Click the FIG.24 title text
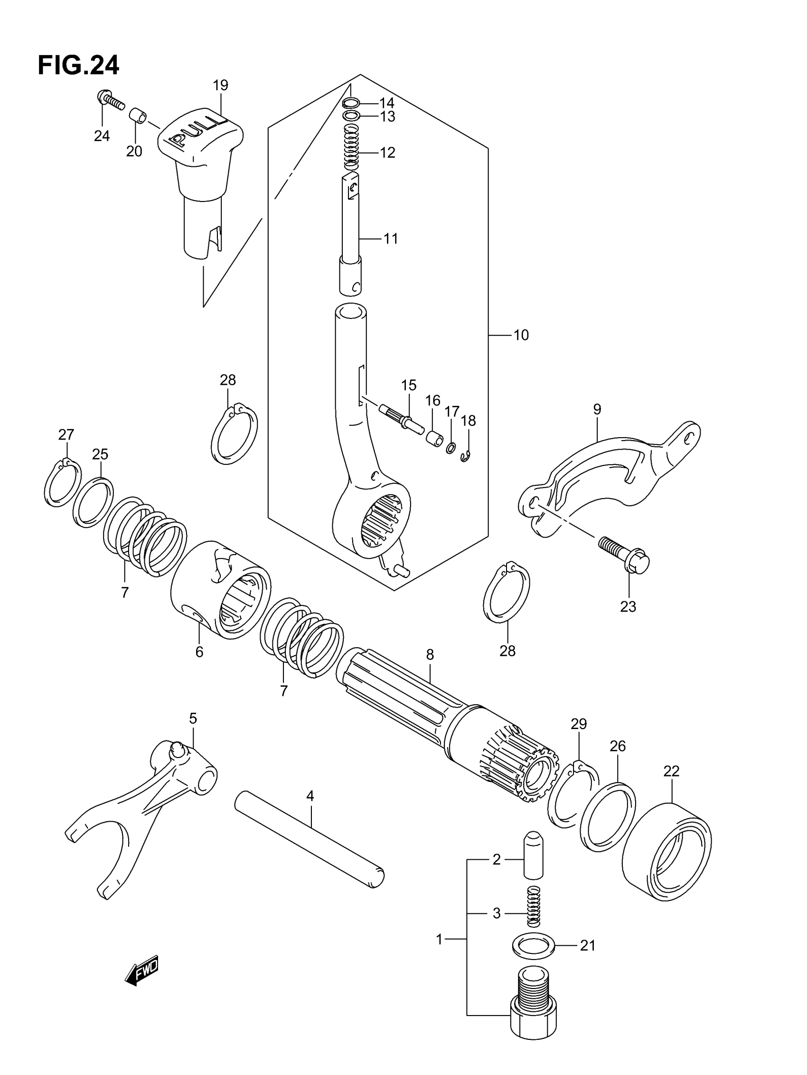(78, 66)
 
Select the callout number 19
(220, 86)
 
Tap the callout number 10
(521, 336)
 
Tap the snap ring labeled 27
(63, 482)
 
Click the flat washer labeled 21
(533, 945)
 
